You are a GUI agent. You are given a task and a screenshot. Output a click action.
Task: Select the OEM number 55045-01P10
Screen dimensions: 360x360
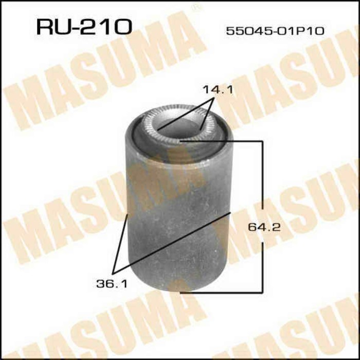275,31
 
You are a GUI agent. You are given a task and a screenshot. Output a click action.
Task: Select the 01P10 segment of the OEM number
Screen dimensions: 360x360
304,31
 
